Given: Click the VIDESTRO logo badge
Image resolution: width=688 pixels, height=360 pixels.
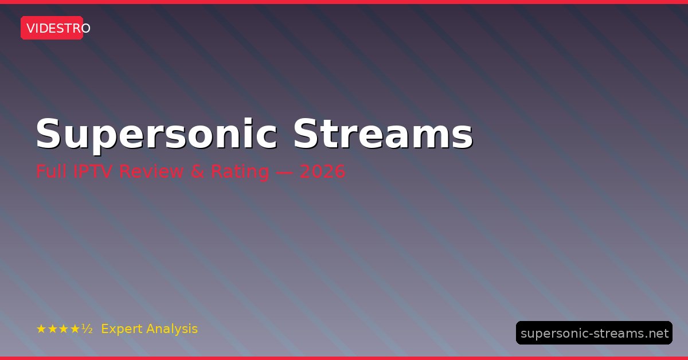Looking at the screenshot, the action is point(52,28).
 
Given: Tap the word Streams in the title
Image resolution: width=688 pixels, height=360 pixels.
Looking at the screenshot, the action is point(383,134).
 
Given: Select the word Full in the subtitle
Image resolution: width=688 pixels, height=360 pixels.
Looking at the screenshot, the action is point(51,171).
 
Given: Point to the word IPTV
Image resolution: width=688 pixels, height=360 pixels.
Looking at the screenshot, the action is point(93,171).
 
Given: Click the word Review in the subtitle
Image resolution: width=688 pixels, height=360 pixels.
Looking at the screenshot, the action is point(151,171).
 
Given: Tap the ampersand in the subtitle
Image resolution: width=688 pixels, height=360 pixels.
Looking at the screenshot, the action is point(197,171).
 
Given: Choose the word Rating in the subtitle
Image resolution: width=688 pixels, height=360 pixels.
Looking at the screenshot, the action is point(240,172).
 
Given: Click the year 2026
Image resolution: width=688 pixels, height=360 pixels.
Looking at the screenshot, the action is point(322,171).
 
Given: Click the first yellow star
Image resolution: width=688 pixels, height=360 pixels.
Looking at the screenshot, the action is point(41,329).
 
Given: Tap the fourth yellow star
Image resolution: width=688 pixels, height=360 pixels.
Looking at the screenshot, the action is point(75,329).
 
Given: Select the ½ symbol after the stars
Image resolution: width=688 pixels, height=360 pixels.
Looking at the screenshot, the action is point(87,328).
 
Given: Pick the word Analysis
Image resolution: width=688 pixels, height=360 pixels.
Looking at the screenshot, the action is point(172,329).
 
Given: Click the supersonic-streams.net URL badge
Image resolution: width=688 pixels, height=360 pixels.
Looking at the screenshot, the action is point(595,332).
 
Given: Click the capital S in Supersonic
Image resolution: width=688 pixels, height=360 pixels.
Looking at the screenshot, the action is point(48,134).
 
